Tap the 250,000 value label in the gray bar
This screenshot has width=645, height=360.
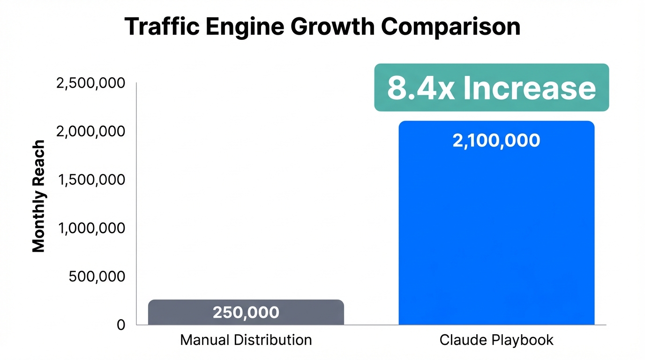pyautogui.click(x=246, y=313)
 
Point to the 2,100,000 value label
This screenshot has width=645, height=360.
pyautogui.click(x=496, y=141)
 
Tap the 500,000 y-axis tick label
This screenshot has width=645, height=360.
pyautogui.click(x=97, y=277)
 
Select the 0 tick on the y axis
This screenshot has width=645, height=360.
pyautogui.click(x=121, y=325)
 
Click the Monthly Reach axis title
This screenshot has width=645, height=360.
pyautogui.click(x=39, y=196)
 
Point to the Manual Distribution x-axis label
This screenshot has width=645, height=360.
pyautogui.click(x=246, y=340)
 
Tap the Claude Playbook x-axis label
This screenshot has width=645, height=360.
pyautogui.click(x=496, y=340)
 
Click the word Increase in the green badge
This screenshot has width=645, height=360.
pyautogui.click(x=530, y=88)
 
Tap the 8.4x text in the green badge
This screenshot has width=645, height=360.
pyautogui.click(x=420, y=88)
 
